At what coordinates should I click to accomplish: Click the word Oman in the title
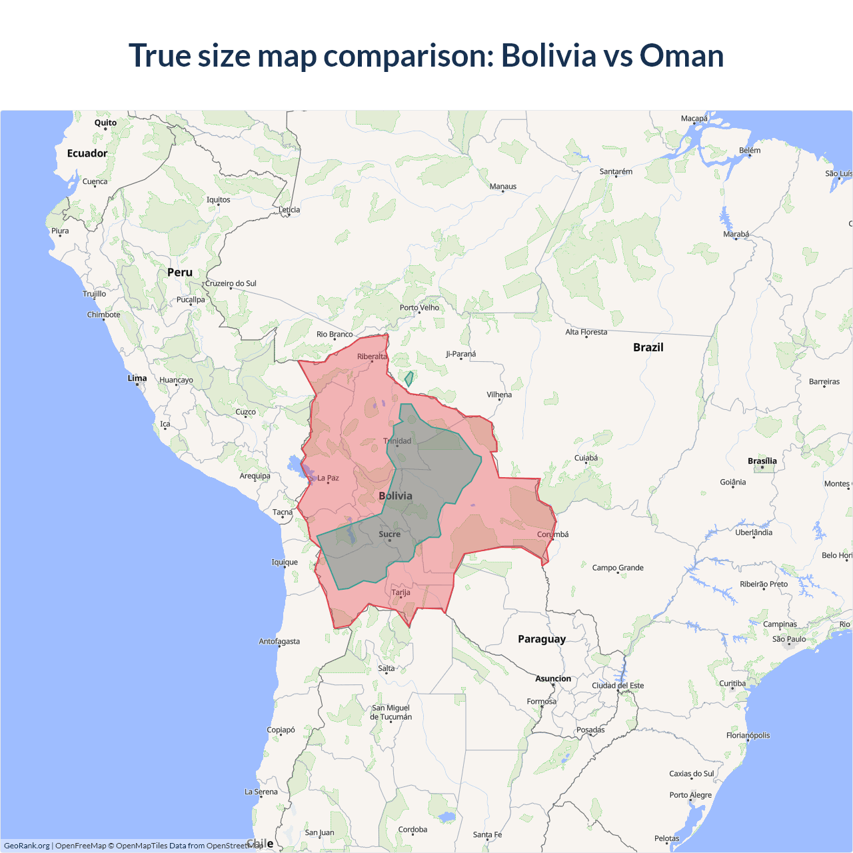pyautogui.click(x=681, y=55)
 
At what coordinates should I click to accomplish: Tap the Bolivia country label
pyautogui.click(x=395, y=496)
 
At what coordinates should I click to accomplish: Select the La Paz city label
pyautogui.click(x=328, y=478)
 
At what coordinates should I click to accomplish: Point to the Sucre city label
pyautogui.click(x=390, y=534)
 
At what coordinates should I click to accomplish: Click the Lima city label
pyautogui.click(x=137, y=379)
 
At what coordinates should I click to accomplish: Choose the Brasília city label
pyautogui.click(x=762, y=461)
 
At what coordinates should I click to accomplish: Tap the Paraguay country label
pyautogui.click(x=542, y=639)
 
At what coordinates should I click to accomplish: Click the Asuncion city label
pyautogui.click(x=553, y=679)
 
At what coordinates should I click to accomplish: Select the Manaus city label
pyautogui.click(x=503, y=187)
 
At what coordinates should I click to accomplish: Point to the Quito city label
pyautogui.click(x=105, y=123)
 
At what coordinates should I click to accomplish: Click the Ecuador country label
pyautogui.click(x=87, y=153)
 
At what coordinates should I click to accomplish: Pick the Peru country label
pyautogui.click(x=180, y=273)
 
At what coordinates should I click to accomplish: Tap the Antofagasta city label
pyautogui.click(x=279, y=642)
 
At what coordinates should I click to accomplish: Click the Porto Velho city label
pyautogui.click(x=419, y=308)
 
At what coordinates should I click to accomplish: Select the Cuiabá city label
pyautogui.click(x=586, y=458)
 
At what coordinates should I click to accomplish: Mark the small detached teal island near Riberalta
pyautogui.click(x=409, y=379)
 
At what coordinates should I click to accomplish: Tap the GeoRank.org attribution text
pyautogui.click(x=27, y=846)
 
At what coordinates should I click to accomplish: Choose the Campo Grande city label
pyautogui.click(x=618, y=568)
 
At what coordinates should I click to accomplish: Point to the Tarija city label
pyautogui.click(x=401, y=592)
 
